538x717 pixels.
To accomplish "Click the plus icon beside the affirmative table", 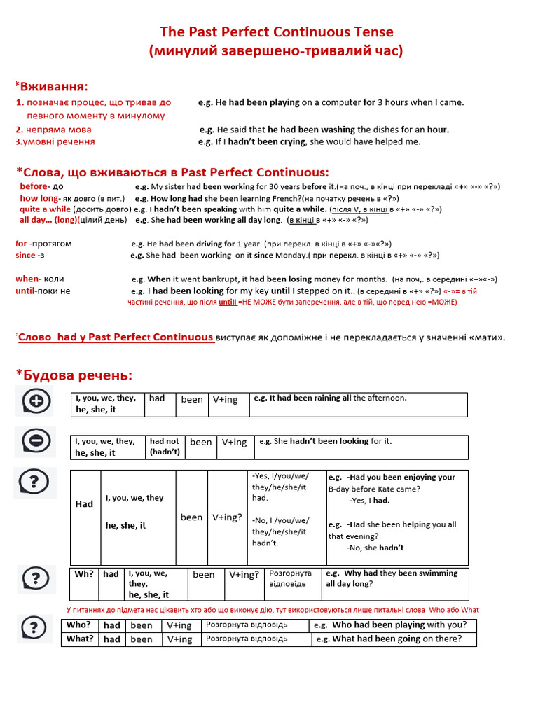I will pyautogui.click(x=36, y=401).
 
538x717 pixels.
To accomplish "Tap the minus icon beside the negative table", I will pyautogui.click(x=36, y=440).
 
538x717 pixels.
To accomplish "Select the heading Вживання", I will pyautogui.click(x=54, y=86).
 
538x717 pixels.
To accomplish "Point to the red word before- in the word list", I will pyautogui.click(x=34, y=186).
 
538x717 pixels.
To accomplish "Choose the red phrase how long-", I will pyautogui.click(x=41, y=197).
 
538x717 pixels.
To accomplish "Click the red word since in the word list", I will pyautogui.click(x=25, y=255).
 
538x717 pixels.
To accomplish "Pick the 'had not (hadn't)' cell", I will pyautogui.click(x=165, y=447).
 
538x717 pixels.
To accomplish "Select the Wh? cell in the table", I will pyautogui.click(x=84, y=574).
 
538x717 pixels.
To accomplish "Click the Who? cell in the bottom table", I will pyautogui.click(x=78, y=625).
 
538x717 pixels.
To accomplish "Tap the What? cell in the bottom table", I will pyautogui.click(x=79, y=639).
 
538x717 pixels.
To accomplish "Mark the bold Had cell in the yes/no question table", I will pyautogui.click(x=84, y=504).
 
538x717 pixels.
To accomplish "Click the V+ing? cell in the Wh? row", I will pyautogui.click(x=244, y=574).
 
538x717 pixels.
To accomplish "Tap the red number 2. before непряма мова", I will pyautogui.click(x=20, y=130).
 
